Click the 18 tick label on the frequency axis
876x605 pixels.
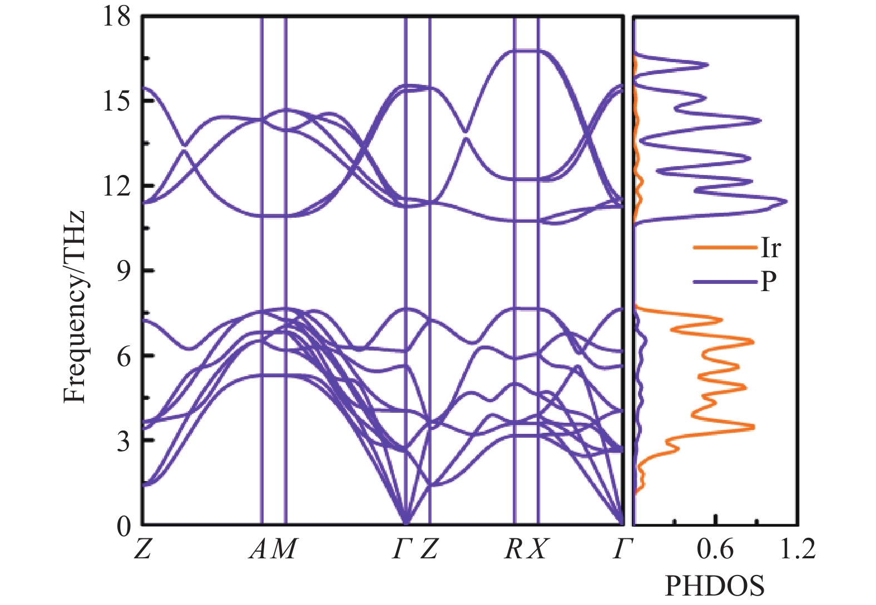(116, 17)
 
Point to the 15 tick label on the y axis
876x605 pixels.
(116, 101)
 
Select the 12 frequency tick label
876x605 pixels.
(116, 186)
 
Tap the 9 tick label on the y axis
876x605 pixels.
(123, 271)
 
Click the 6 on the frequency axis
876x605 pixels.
(123, 356)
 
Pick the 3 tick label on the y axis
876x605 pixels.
(123, 441)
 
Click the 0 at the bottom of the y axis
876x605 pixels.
(123, 526)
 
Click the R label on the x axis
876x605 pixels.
(513, 549)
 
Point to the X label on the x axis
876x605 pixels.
(537, 549)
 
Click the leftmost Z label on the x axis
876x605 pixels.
(143, 549)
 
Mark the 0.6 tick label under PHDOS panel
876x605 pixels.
(715, 549)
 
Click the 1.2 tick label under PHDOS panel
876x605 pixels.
(798, 549)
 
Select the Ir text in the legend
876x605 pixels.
(770, 248)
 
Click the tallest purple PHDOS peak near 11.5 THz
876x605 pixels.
(785, 201)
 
